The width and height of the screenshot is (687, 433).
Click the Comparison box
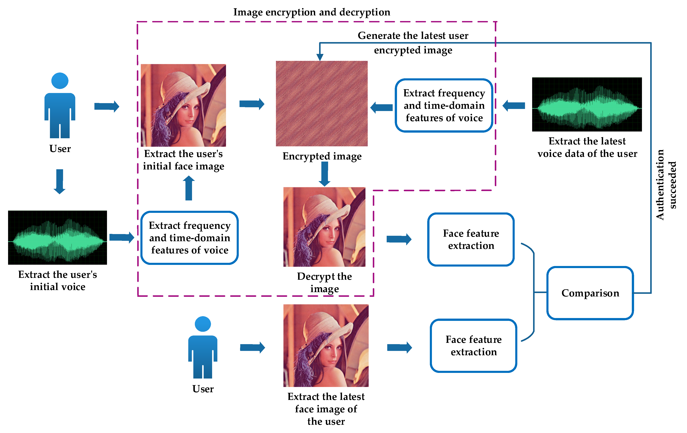(590, 293)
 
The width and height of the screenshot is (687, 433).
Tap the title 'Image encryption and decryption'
(312, 12)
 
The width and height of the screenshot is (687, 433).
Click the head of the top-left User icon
(60, 81)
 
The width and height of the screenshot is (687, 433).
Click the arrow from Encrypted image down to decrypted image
(324, 174)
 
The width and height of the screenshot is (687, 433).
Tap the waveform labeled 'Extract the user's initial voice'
(57, 237)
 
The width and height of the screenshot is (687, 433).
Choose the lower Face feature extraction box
(473, 345)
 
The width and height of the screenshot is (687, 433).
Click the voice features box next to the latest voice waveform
(444, 105)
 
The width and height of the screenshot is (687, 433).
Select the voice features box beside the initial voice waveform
(189, 238)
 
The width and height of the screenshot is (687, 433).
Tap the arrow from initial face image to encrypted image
(251, 104)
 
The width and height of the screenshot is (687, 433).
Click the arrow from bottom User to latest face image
(252, 347)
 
